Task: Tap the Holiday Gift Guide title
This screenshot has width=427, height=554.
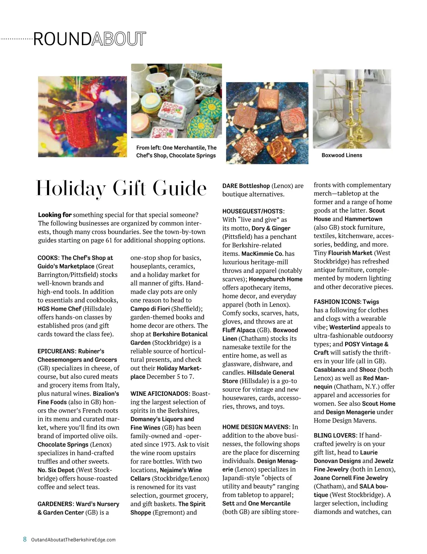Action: (121, 188)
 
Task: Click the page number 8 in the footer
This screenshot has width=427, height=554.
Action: (25, 539)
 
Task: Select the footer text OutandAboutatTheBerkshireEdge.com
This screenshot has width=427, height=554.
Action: (73, 539)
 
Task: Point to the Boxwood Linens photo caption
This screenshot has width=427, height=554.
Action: (342, 155)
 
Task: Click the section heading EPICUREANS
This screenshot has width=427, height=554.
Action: (56, 351)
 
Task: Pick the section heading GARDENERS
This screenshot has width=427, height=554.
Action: (55, 504)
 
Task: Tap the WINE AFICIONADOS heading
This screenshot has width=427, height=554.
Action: (159, 394)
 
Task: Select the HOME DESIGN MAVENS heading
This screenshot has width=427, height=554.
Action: (255, 427)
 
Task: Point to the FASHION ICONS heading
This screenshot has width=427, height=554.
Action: (337, 302)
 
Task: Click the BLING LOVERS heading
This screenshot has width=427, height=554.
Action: (334, 436)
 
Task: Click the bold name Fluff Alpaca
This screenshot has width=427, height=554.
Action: (239, 330)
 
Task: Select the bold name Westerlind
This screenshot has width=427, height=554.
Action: (344, 327)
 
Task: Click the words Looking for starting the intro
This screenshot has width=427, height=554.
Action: (55, 215)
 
